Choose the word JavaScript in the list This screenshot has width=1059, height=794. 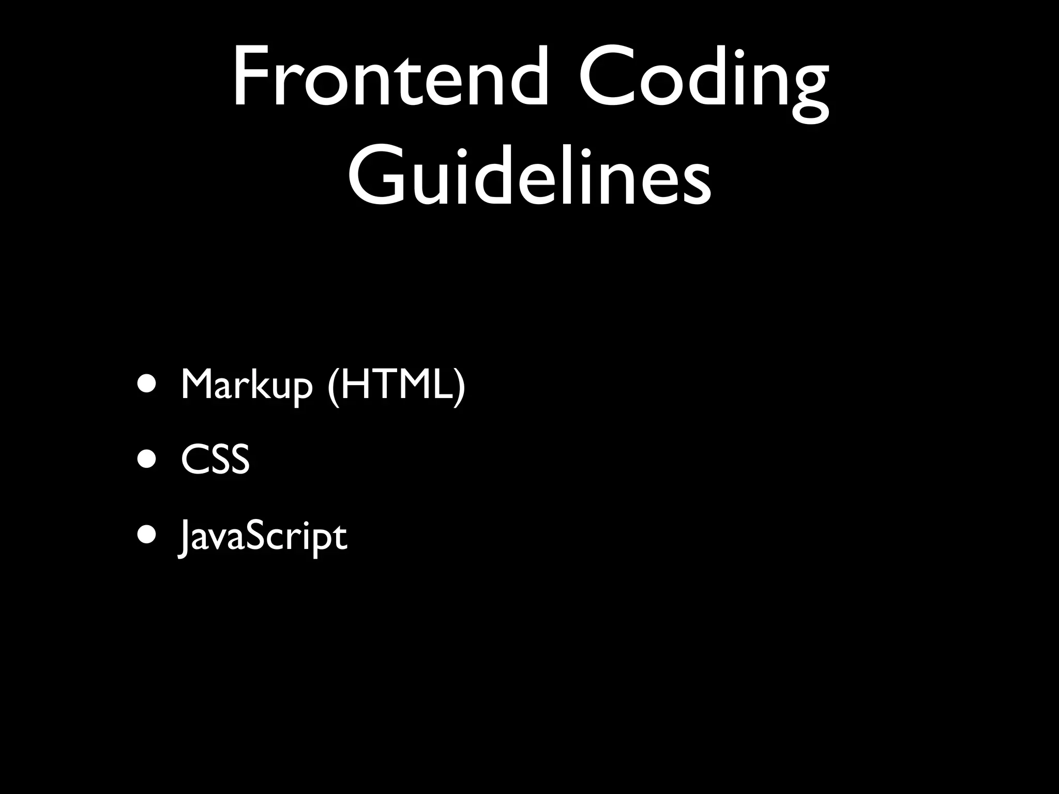263,538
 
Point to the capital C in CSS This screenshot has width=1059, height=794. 193,459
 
